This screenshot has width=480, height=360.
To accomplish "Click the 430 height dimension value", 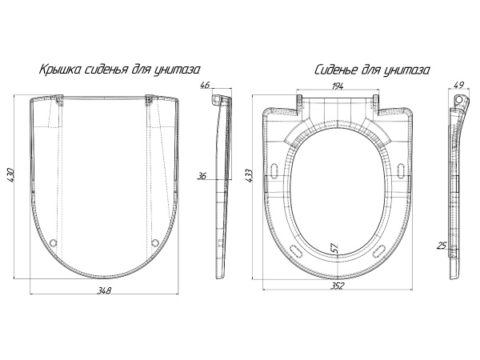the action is tap(10, 175).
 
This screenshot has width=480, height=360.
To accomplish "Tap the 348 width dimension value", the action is tap(104, 290).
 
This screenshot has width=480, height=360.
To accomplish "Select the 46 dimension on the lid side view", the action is tap(204, 85).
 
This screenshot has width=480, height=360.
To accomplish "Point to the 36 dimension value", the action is tap(202, 176).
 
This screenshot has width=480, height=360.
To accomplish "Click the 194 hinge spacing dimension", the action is tap(337, 86).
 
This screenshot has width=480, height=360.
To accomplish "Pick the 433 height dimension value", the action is tap(248, 176).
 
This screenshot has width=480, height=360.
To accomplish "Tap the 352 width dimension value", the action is tap(337, 286).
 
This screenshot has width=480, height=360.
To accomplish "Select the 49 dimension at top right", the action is tap(459, 85).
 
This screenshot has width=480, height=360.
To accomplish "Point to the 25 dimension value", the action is tap(442, 246).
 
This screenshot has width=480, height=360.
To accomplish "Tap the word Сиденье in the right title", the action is tap(336, 70).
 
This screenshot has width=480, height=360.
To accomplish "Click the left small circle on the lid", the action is tap(54, 243).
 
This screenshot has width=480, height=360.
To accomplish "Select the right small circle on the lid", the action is tap(155, 243).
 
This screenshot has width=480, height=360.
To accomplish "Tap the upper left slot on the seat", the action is tap(274, 170).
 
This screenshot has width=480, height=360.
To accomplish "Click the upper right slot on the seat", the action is tap(401, 170).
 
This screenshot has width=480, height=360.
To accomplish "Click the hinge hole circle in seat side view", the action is tap(458, 98).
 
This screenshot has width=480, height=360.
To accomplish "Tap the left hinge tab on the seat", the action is tap(299, 105).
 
